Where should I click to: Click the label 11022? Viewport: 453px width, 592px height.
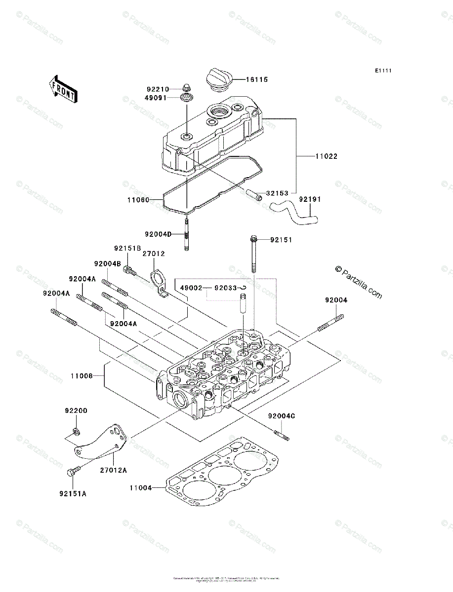pyautogui.click(x=327, y=156)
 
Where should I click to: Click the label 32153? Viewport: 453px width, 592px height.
pyautogui.click(x=277, y=193)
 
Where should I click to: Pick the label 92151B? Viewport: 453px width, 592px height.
pyautogui.click(x=127, y=248)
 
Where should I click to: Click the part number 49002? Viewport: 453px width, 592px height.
pyautogui.click(x=191, y=288)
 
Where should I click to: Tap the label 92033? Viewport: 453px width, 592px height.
pyautogui.click(x=225, y=288)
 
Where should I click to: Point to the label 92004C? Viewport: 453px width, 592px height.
pyautogui.click(x=282, y=416)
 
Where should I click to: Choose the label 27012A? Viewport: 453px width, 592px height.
pyautogui.click(x=114, y=470)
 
